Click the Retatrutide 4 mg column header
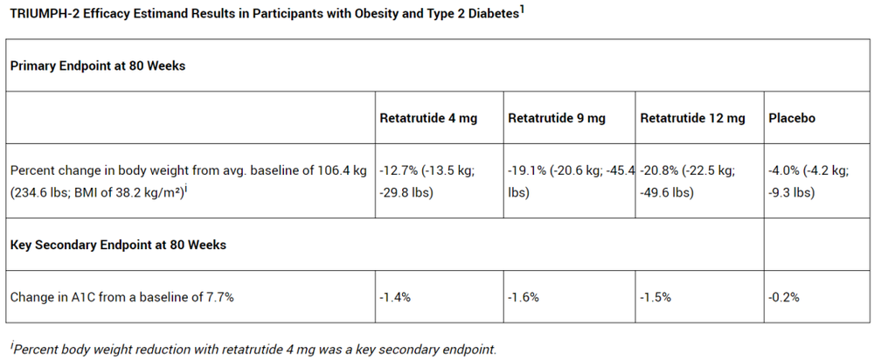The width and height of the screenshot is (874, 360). (428, 118)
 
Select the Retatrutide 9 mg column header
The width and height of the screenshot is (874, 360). (556, 118)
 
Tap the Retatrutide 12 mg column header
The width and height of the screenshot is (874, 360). (691, 118)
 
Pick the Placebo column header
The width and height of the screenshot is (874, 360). (792, 118)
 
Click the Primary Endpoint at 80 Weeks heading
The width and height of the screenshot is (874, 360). (98, 66)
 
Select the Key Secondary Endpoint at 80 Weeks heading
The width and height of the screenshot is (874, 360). (118, 245)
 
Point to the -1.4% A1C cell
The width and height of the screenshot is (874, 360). (395, 297)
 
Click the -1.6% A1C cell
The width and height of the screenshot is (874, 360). (524, 297)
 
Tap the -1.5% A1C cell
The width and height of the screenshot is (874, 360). (655, 297)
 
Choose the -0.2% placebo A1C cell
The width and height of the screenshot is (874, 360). (784, 297)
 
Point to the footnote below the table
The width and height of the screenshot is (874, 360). (253, 349)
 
